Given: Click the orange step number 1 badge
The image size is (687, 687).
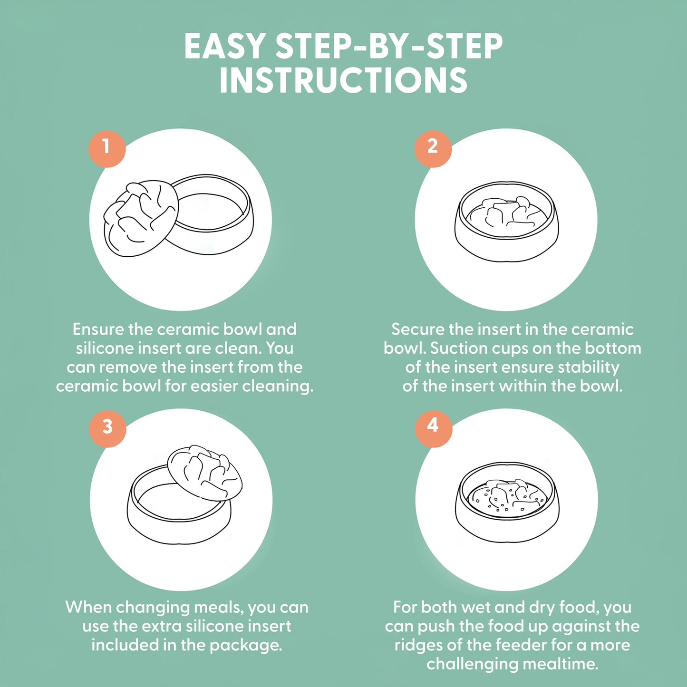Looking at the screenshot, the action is [x=107, y=148].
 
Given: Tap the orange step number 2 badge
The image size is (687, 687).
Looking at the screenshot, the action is [x=433, y=148].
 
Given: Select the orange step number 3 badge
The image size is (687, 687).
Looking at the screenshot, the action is [x=107, y=428].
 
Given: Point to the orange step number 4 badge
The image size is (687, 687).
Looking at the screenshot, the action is [x=433, y=428].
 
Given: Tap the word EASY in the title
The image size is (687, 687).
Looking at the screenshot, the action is [x=224, y=46].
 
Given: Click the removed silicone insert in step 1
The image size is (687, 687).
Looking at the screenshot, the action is [x=141, y=218].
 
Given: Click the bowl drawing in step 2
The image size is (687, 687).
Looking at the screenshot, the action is [x=507, y=222].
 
